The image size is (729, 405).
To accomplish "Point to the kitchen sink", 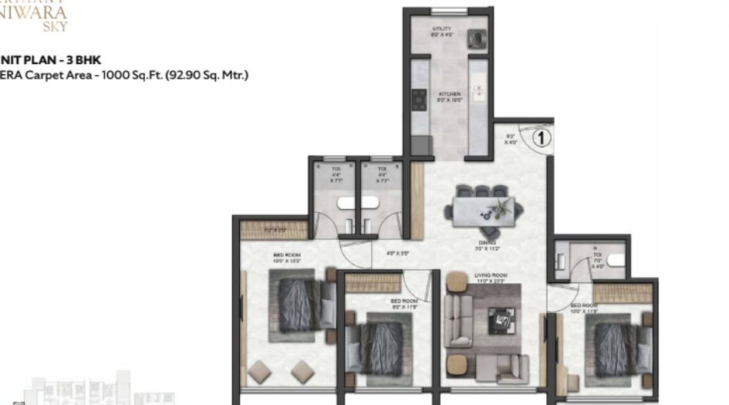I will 479,93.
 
